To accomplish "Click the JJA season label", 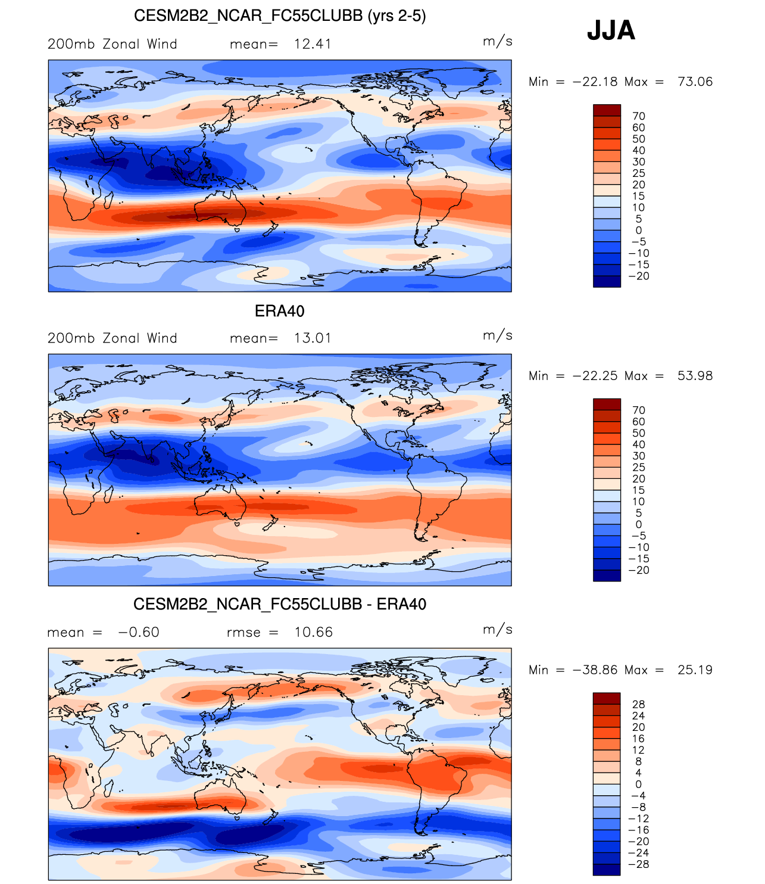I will [x=611, y=30].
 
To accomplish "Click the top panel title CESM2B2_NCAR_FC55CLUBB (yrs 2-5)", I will [x=280, y=15].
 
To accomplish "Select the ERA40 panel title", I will [x=279, y=311].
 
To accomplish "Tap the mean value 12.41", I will [x=313, y=44].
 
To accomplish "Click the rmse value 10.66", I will [x=314, y=633].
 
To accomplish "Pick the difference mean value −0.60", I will [x=139, y=633].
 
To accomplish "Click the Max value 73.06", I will [x=695, y=82].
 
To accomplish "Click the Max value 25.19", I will [x=695, y=670].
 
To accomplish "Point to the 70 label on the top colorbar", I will [x=639, y=116].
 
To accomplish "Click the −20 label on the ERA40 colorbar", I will [x=639, y=570].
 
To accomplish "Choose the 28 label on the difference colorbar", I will [x=639, y=705].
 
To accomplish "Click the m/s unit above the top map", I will [x=498, y=41].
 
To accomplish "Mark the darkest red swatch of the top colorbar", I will [x=607, y=110].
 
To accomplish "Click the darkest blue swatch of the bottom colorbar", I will [x=607, y=870].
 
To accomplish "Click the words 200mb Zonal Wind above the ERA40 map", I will [x=113, y=338].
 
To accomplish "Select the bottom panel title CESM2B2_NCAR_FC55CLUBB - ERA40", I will [x=280, y=605].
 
